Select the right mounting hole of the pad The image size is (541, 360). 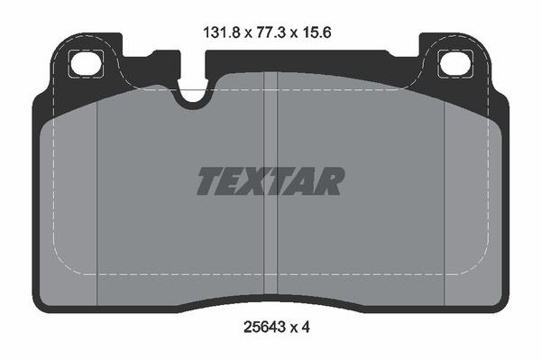[451, 64]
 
